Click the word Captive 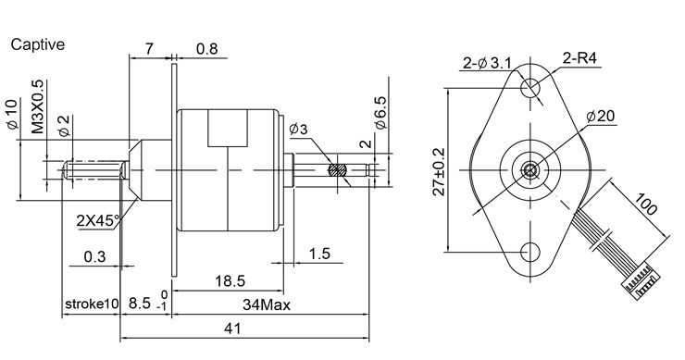(x=38, y=44)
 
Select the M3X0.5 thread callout (x=38, y=106)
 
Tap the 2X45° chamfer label (x=97, y=220)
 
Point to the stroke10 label (x=92, y=304)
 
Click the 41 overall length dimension (x=232, y=329)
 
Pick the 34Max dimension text (x=267, y=304)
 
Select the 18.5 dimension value (x=230, y=280)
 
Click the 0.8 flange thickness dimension (x=206, y=48)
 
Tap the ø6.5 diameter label (x=380, y=113)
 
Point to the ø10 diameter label (x=12, y=115)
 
